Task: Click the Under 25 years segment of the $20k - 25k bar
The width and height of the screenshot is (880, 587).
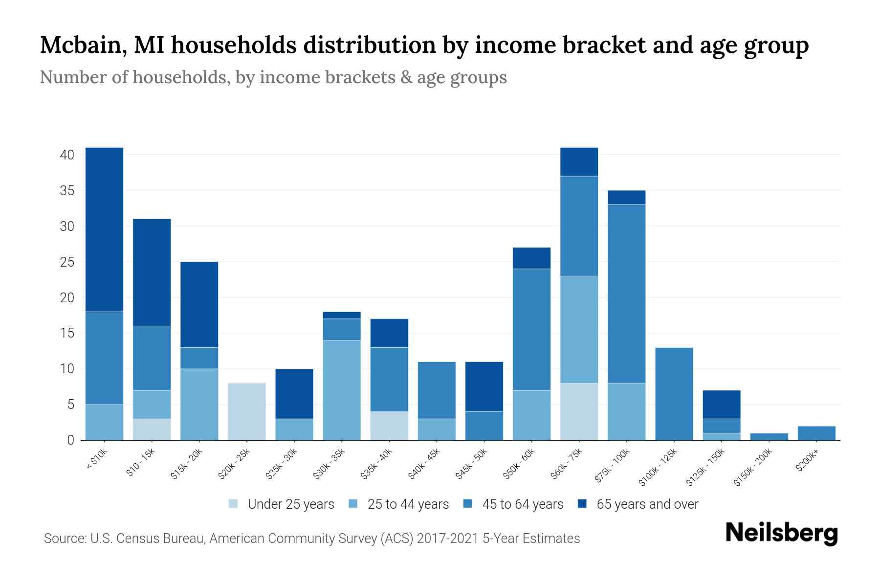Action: pos(247,411)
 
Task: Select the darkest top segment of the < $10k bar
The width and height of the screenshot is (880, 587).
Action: pos(104,229)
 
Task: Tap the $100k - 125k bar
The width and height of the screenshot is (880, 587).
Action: pos(674,394)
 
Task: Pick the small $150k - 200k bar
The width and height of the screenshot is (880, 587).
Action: pos(769,436)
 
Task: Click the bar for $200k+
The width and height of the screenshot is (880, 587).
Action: pos(816,433)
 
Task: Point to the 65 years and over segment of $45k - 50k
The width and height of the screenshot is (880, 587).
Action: pos(484,386)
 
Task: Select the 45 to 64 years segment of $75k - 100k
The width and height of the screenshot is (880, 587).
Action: pos(627,293)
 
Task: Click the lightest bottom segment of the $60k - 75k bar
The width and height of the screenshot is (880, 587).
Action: pos(579,411)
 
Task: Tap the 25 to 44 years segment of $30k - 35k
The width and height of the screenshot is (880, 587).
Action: pos(342,390)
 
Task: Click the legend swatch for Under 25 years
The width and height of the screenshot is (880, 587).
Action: pos(234,503)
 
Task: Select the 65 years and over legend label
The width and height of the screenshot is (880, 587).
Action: pos(647,504)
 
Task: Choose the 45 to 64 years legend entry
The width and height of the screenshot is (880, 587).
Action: pos(523,504)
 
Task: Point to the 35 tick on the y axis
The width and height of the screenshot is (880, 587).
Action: pos(67,191)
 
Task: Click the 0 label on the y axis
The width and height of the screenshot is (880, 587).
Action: pos(71,440)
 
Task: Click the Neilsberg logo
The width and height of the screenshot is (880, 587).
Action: pos(781,533)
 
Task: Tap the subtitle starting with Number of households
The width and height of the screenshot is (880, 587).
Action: pos(273,77)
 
